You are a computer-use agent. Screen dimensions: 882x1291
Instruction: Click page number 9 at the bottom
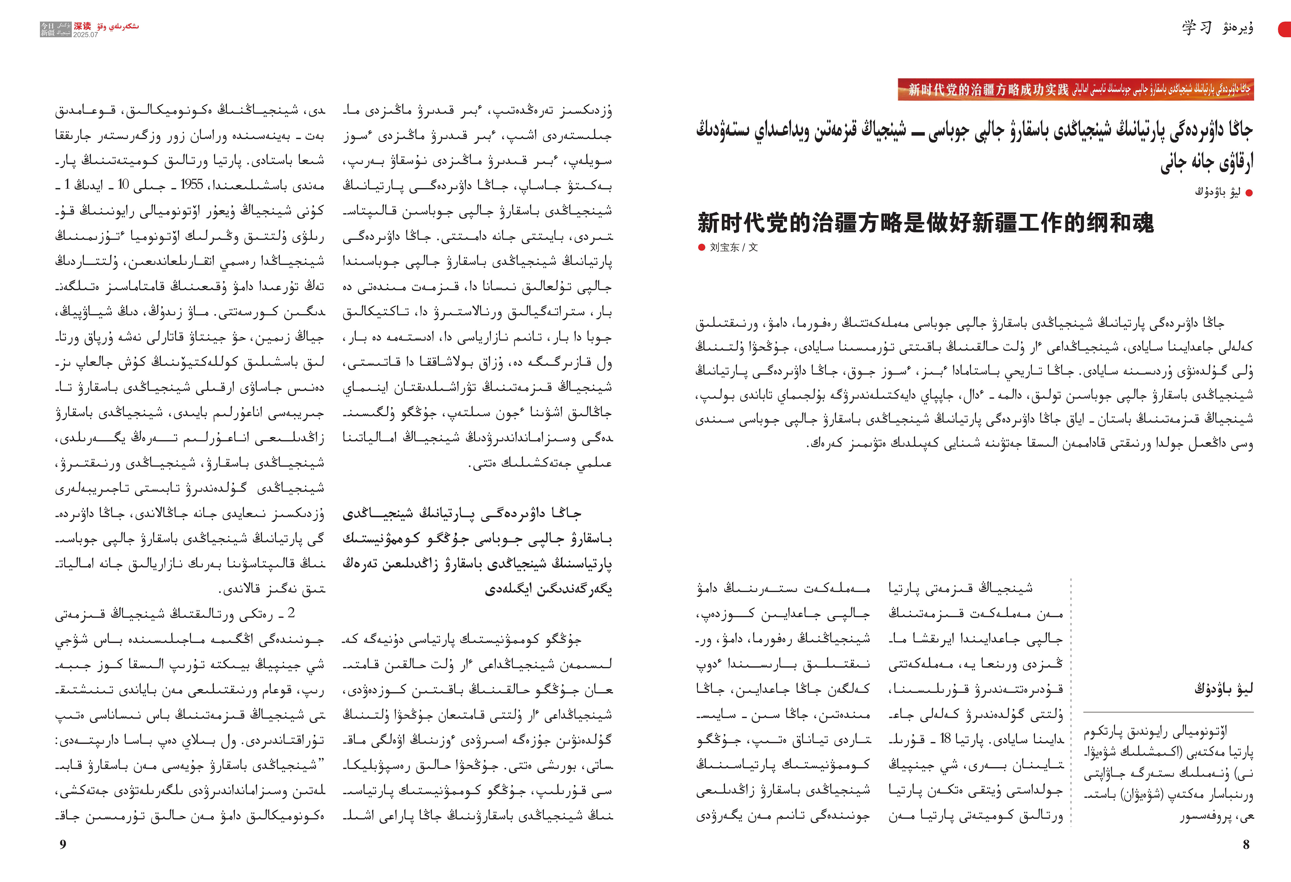click(x=63, y=844)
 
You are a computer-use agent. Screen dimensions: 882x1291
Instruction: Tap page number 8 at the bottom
click(x=1246, y=844)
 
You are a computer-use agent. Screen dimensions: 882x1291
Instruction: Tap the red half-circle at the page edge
click(x=1286, y=29)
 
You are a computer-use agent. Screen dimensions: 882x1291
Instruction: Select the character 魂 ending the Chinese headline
click(x=1142, y=223)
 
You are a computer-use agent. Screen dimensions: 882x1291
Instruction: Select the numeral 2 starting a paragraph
click(x=291, y=613)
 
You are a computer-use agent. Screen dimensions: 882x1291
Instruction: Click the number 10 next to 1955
click(x=123, y=184)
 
